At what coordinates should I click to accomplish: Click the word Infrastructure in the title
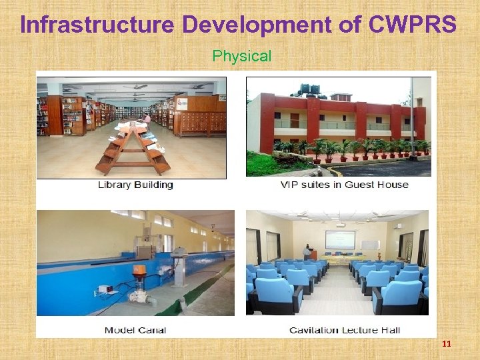coord(97,25)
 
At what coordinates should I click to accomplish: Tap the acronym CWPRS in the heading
coord(411,25)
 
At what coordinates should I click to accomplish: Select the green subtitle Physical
coord(241,57)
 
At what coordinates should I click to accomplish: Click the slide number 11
coord(446,344)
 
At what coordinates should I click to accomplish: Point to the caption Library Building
coord(135,185)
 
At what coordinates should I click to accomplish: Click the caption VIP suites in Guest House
coord(344,185)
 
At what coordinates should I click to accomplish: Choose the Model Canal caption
coord(135,330)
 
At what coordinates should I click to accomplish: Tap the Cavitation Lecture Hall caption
coord(343,330)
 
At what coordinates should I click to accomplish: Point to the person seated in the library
coord(147,119)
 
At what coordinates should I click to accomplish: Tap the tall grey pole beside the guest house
coord(412,117)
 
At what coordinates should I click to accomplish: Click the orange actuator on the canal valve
coord(139,272)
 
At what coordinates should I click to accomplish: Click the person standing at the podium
coord(307,252)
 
